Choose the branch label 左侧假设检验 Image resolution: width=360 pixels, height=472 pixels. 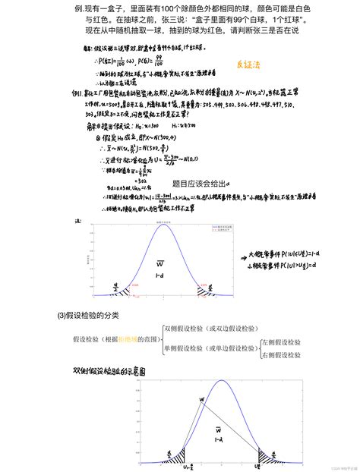281,342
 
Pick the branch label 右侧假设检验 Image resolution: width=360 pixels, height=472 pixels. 281,354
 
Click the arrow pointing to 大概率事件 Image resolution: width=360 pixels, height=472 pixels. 242,259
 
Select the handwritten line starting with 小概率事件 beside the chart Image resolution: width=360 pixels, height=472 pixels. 292,267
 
